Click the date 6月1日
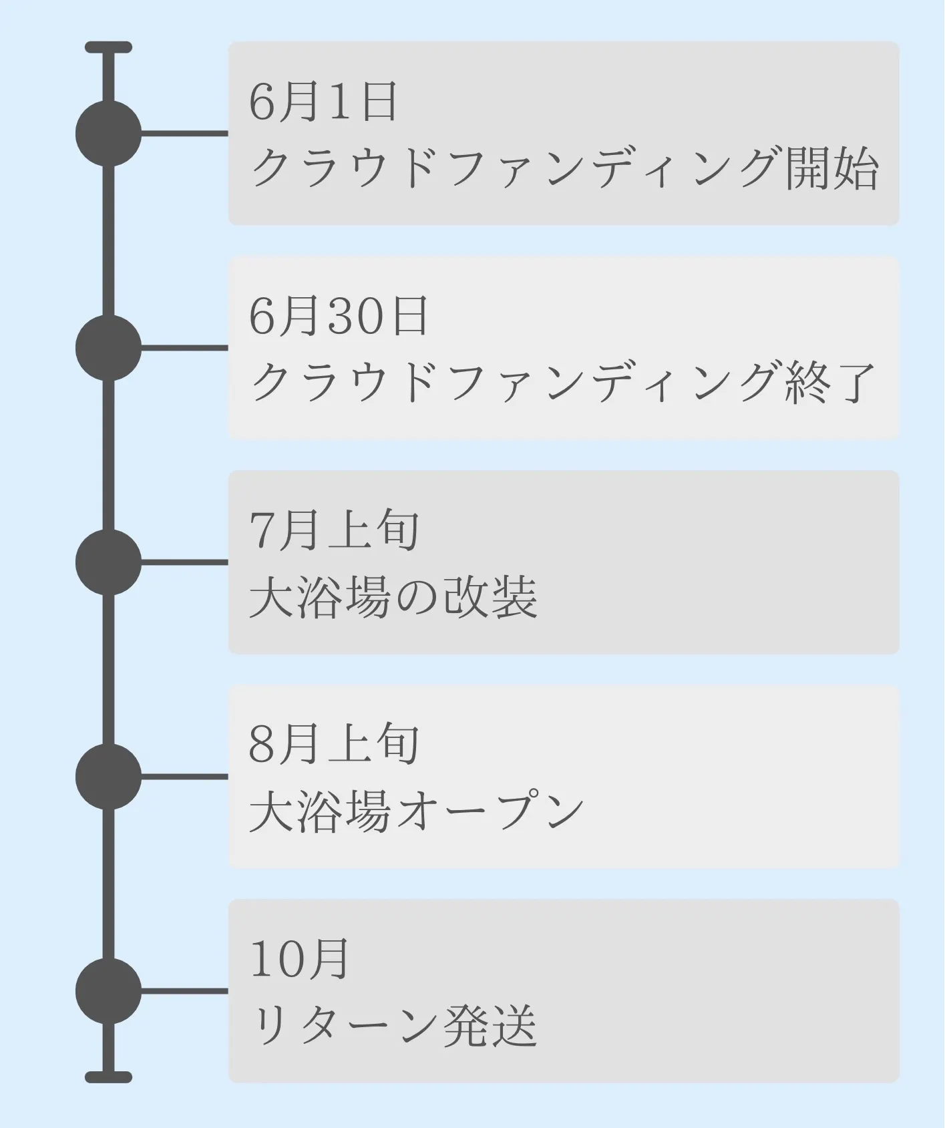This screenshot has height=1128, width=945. click(323, 102)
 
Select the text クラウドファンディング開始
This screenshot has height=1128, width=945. click(564, 168)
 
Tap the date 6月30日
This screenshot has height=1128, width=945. click(339, 317)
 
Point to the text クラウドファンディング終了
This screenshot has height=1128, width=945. click(563, 383)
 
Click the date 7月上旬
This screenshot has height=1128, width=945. click(335, 531)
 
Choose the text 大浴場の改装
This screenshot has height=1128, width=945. click(393, 597)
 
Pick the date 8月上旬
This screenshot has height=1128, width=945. click(335, 745)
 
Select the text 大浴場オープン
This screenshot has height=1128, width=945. click(417, 811)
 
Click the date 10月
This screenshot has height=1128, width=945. click(300, 960)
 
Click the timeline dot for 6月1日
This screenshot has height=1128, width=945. click(109, 134)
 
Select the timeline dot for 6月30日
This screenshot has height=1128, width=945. click(109, 348)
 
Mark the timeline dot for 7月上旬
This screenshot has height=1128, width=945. click(109, 562)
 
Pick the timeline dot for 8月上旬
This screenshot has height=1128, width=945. click(109, 777)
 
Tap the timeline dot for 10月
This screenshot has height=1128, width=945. click(109, 991)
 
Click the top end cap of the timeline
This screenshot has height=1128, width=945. click(109, 47)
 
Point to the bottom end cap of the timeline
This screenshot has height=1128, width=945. click(109, 1077)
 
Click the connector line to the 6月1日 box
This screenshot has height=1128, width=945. click(185, 134)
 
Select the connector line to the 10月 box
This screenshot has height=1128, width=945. click(185, 991)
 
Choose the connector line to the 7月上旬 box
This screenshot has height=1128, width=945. click(185, 562)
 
